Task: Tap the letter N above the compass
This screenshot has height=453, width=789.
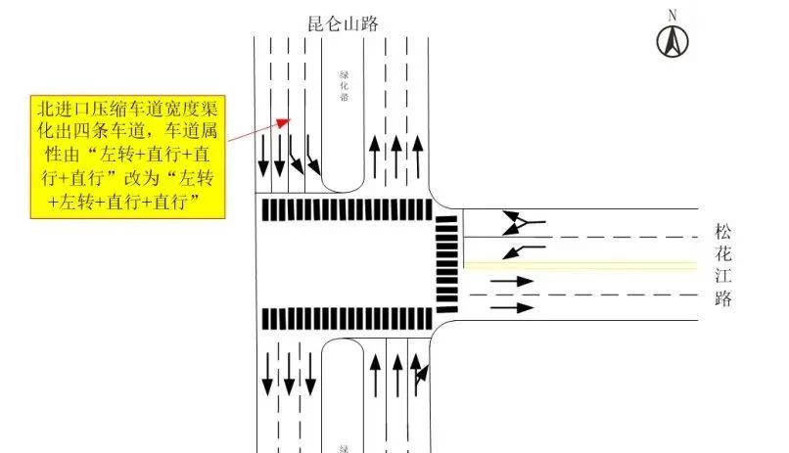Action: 673,15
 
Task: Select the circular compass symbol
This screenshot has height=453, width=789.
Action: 673,41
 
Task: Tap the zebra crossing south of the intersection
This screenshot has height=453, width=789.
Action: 344,318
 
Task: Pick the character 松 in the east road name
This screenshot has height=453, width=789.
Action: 723,233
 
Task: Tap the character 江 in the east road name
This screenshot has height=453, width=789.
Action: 723,278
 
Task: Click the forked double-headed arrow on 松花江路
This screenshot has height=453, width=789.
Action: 524,223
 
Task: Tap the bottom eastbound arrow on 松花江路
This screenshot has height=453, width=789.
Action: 511,307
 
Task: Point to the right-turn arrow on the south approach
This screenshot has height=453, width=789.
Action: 421,374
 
